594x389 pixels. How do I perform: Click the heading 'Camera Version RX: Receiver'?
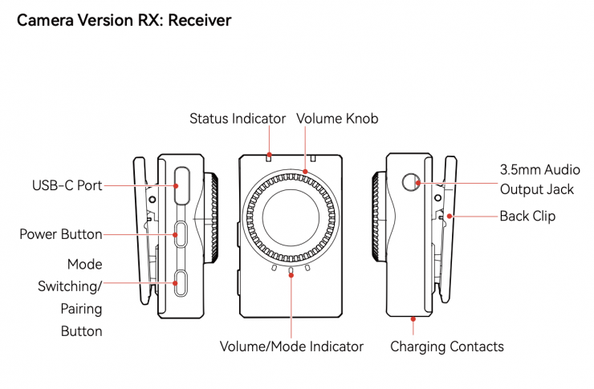coord(124,20)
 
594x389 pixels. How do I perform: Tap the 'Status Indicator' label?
coord(238,119)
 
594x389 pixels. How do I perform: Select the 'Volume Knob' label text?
coord(337,119)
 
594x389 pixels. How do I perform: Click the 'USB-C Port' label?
coord(67,185)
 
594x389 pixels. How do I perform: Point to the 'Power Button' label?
coord(61,234)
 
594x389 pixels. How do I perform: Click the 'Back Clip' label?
coord(527,216)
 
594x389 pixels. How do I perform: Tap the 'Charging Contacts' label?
coord(447,346)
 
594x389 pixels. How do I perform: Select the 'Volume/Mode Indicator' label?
coord(291,346)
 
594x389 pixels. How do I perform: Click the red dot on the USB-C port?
coord(176,186)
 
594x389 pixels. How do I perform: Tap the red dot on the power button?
coord(176,235)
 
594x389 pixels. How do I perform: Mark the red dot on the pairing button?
coord(176,283)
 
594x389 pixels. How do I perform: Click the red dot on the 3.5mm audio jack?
coord(418,183)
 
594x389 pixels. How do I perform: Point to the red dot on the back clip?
coord(450,217)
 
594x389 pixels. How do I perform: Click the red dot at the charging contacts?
coord(413,319)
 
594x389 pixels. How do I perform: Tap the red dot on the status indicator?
coord(269,154)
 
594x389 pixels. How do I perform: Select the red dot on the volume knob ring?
coord(305,172)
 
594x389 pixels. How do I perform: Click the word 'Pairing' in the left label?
coord(81,309)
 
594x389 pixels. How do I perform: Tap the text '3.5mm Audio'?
coord(540,169)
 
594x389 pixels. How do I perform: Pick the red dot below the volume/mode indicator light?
coord(291,275)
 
